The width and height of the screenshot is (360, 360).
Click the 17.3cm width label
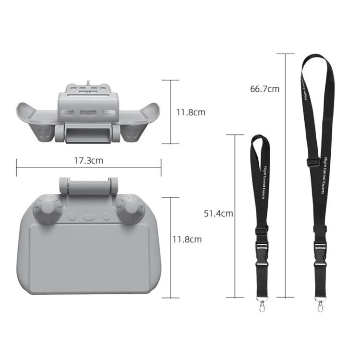click(x=88, y=161)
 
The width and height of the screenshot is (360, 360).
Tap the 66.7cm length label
click(x=264, y=89)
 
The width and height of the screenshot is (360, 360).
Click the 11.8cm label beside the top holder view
click(x=191, y=112)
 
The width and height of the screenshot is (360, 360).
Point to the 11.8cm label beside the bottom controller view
click(x=187, y=239)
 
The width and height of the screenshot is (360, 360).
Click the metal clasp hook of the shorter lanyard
click(x=262, y=305)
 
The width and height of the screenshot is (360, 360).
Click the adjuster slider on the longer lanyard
click(x=312, y=163)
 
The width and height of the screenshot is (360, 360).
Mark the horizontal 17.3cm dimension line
click(x=48, y=168)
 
